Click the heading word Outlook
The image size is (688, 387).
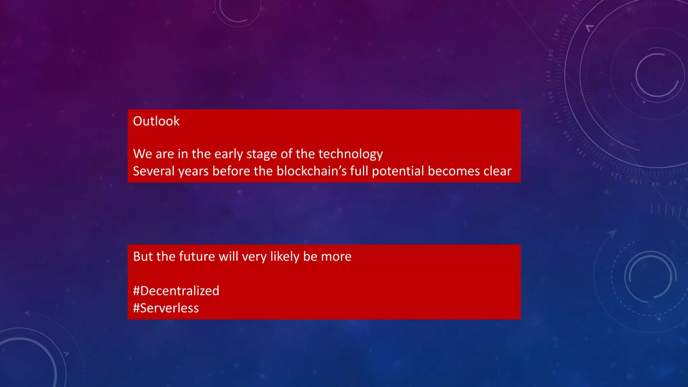tap(156, 121)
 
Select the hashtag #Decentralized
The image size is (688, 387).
tap(176, 291)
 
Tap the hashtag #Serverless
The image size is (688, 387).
tap(166, 308)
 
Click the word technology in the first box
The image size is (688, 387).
tap(350, 154)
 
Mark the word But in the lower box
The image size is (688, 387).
tap(143, 257)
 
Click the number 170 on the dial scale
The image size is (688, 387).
tap(549, 76)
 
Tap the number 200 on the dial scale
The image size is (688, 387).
tap(564, 19)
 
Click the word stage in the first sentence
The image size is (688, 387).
tap(262, 154)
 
